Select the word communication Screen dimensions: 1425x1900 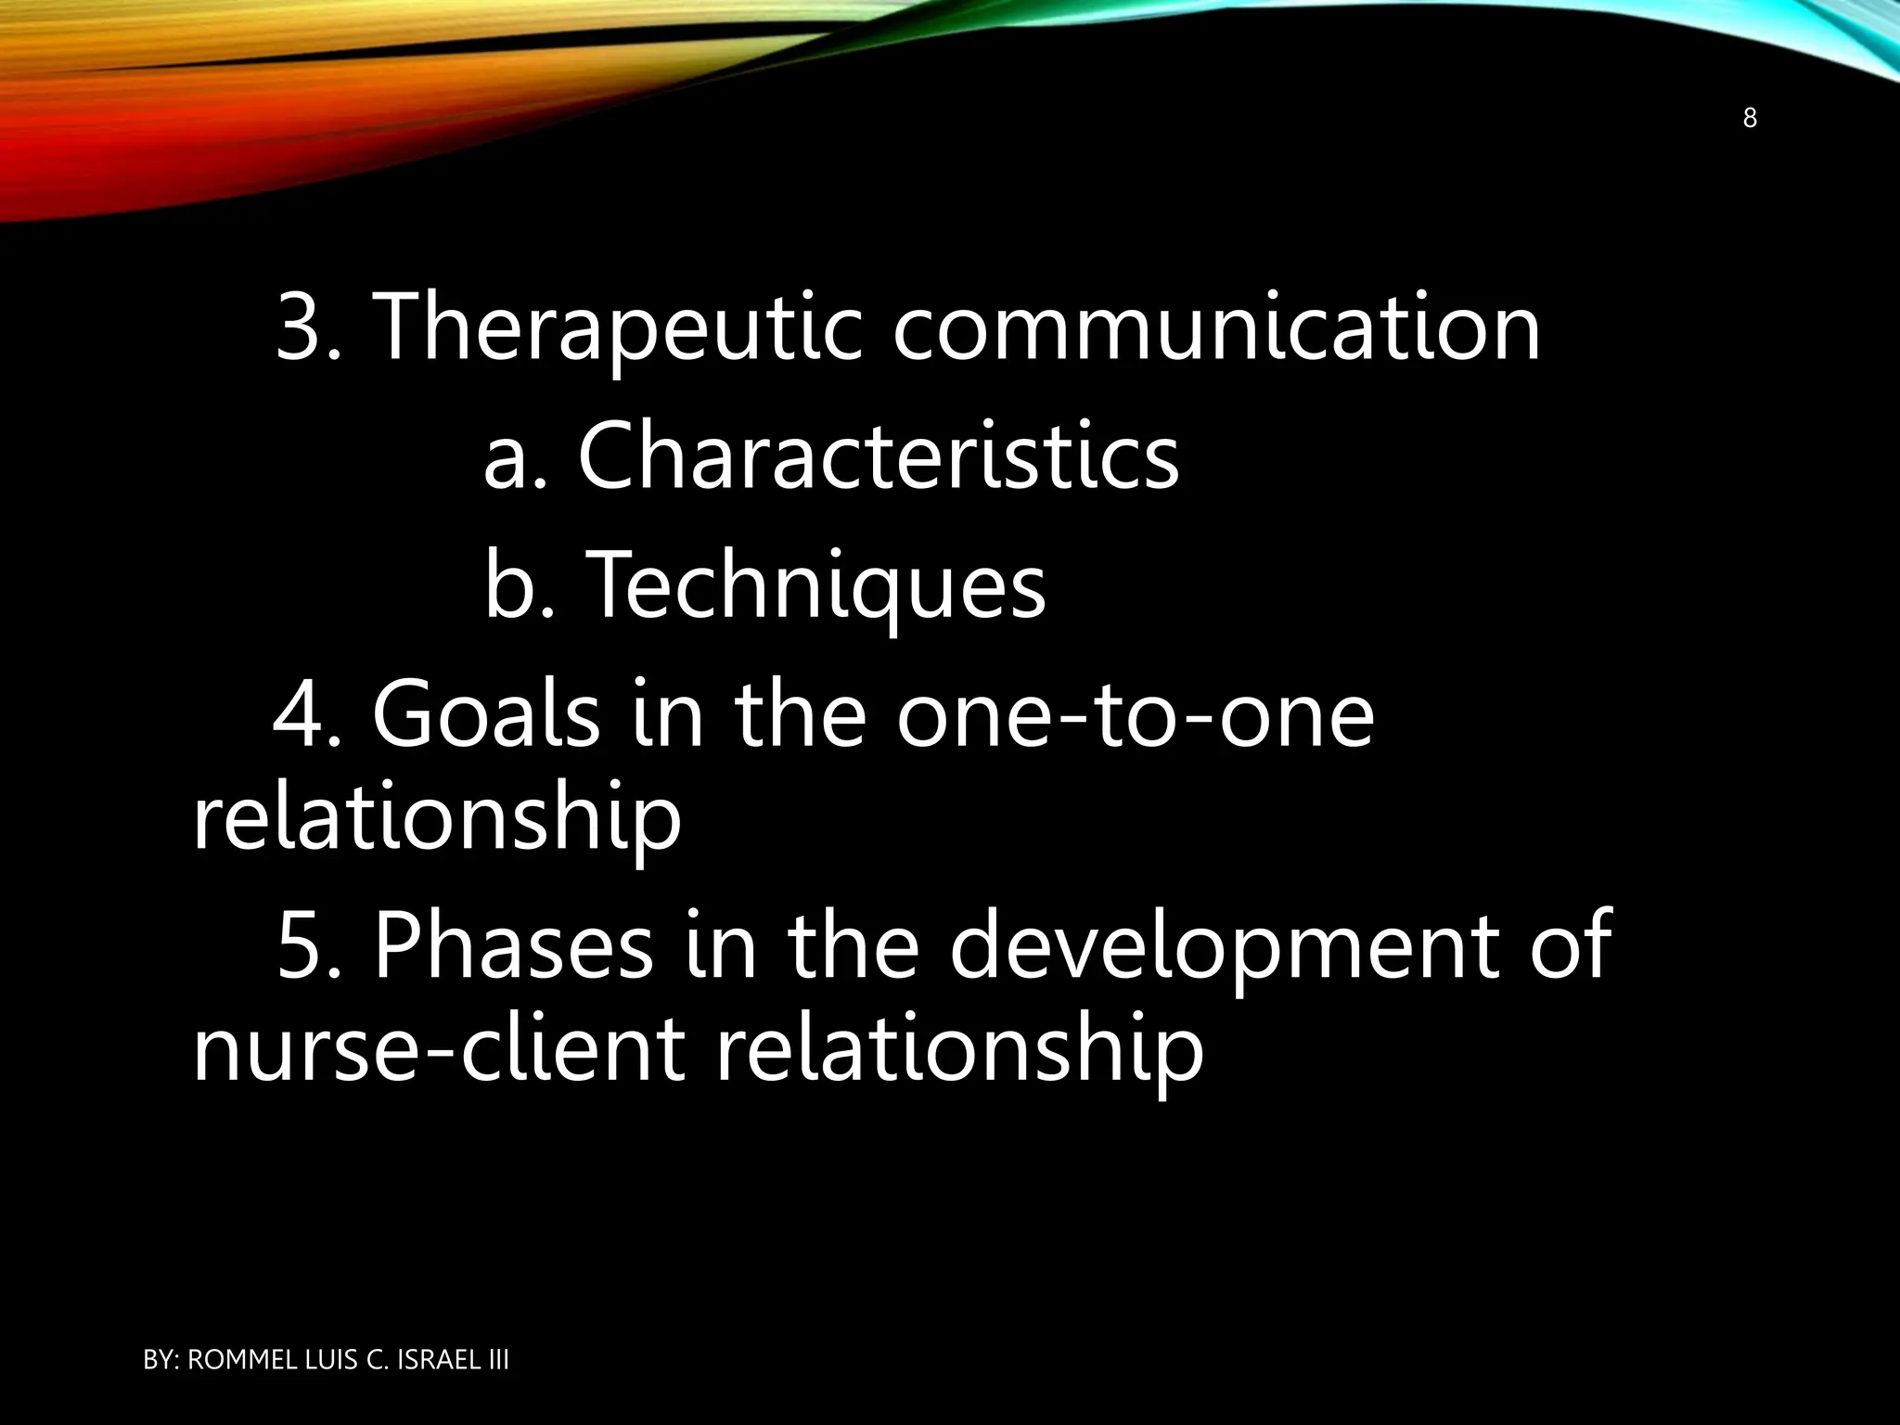click(x=1216, y=327)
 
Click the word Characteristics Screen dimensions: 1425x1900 click(x=878, y=456)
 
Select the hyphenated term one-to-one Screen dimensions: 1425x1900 click(x=1135, y=715)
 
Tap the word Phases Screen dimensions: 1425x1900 click(x=513, y=946)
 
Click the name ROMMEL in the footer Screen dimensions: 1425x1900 click(x=244, y=1360)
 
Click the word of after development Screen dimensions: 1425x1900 click(x=1570, y=946)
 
